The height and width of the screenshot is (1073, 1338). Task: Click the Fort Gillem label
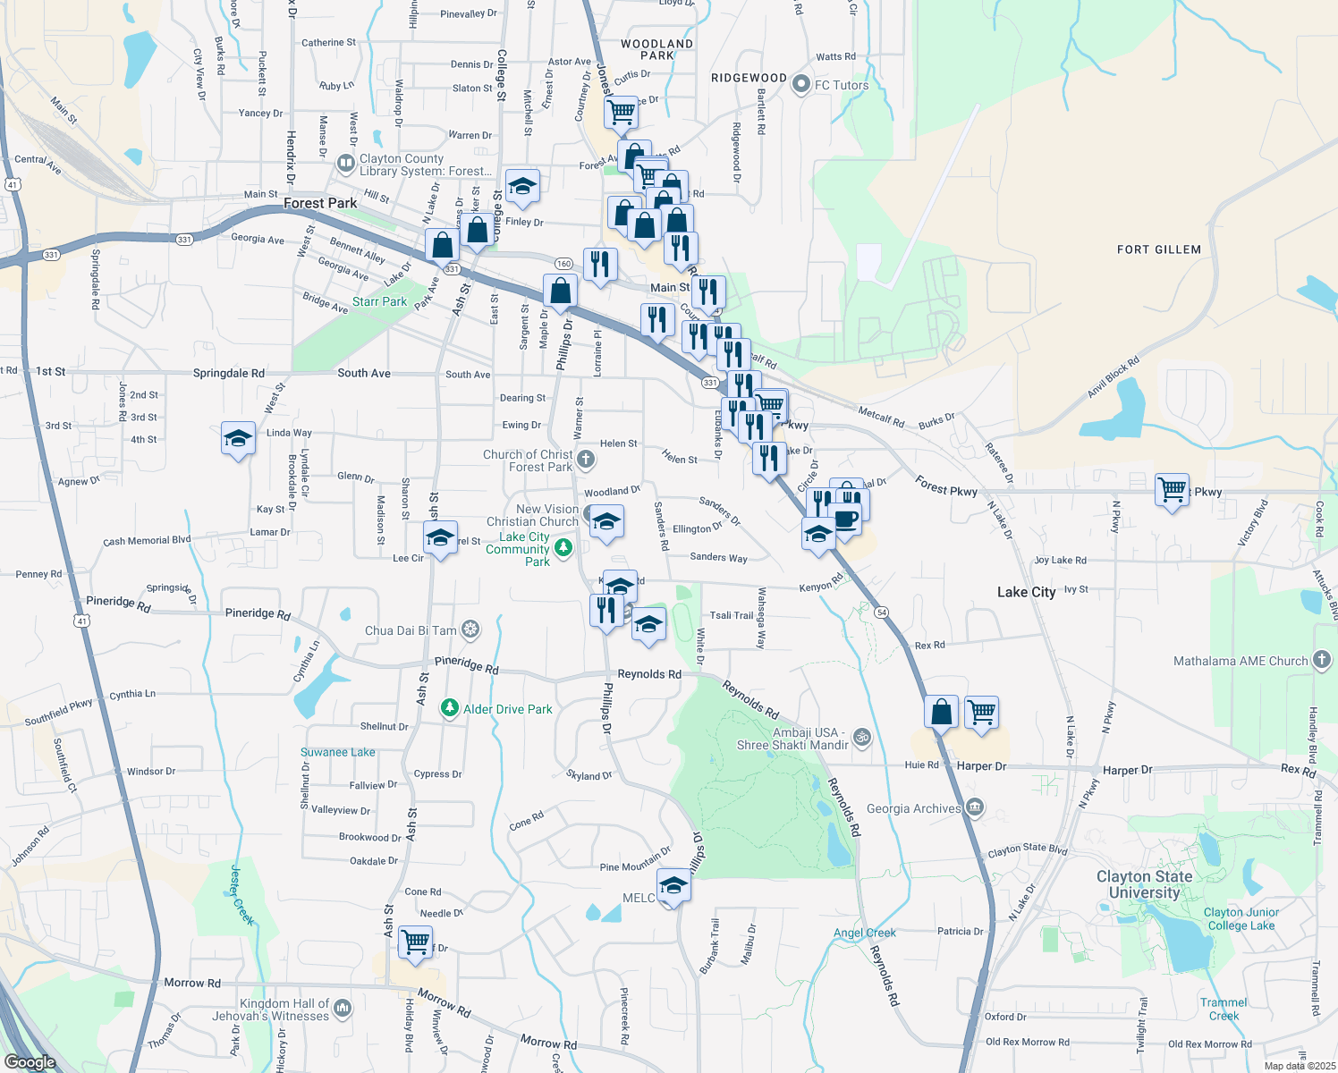click(x=1158, y=249)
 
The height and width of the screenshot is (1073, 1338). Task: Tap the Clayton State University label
click(x=1144, y=884)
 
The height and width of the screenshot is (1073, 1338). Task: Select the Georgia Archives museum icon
click(x=975, y=808)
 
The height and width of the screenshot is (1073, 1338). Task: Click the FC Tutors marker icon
click(x=800, y=85)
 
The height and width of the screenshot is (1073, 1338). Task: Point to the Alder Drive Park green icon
click(x=450, y=709)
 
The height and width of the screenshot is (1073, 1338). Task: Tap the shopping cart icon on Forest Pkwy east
click(x=1172, y=489)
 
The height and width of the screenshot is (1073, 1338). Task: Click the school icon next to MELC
click(x=673, y=886)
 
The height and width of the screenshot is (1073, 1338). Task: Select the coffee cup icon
click(x=844, y=520)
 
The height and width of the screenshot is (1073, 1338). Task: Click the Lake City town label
click(x=1026, y=592)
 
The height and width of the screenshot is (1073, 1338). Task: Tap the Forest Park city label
click(x=320, y=204)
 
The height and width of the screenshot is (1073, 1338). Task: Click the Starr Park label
click(x=379, y=301)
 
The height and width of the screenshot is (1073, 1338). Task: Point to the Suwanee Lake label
click(x=337, y=752)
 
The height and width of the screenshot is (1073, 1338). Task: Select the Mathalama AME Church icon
click(x=1322, y=661)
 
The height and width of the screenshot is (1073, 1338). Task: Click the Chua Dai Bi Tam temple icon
click(x=470, y=630)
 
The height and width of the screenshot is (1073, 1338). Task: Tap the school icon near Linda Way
click(x=238, y=438)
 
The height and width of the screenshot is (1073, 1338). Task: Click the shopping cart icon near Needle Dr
click(x=415, y=942)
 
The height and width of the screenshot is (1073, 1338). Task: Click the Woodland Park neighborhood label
click(x=656, y=49)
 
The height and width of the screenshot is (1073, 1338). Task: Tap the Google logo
click(x=30, y=1062)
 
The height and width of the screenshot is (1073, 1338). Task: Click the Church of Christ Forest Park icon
click(x=585, y=460)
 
